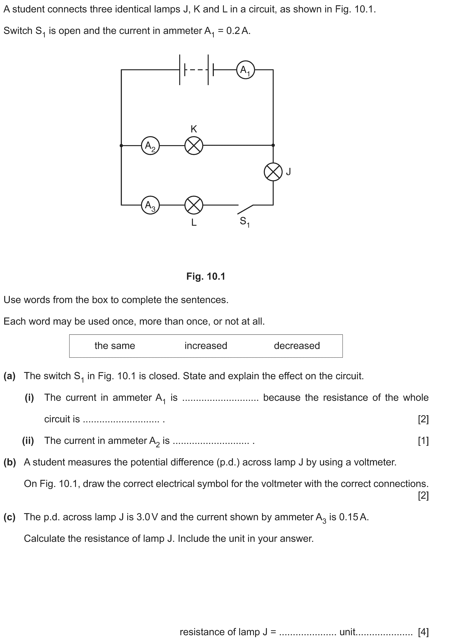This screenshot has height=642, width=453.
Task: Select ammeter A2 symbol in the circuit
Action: click(150, 145)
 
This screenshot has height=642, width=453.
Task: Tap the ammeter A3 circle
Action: click(150, 205)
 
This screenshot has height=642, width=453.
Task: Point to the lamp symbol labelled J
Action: click(273, 172)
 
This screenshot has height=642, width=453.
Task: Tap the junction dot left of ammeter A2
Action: click(121, 145)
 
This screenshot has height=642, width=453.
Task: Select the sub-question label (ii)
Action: click(28, 441)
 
